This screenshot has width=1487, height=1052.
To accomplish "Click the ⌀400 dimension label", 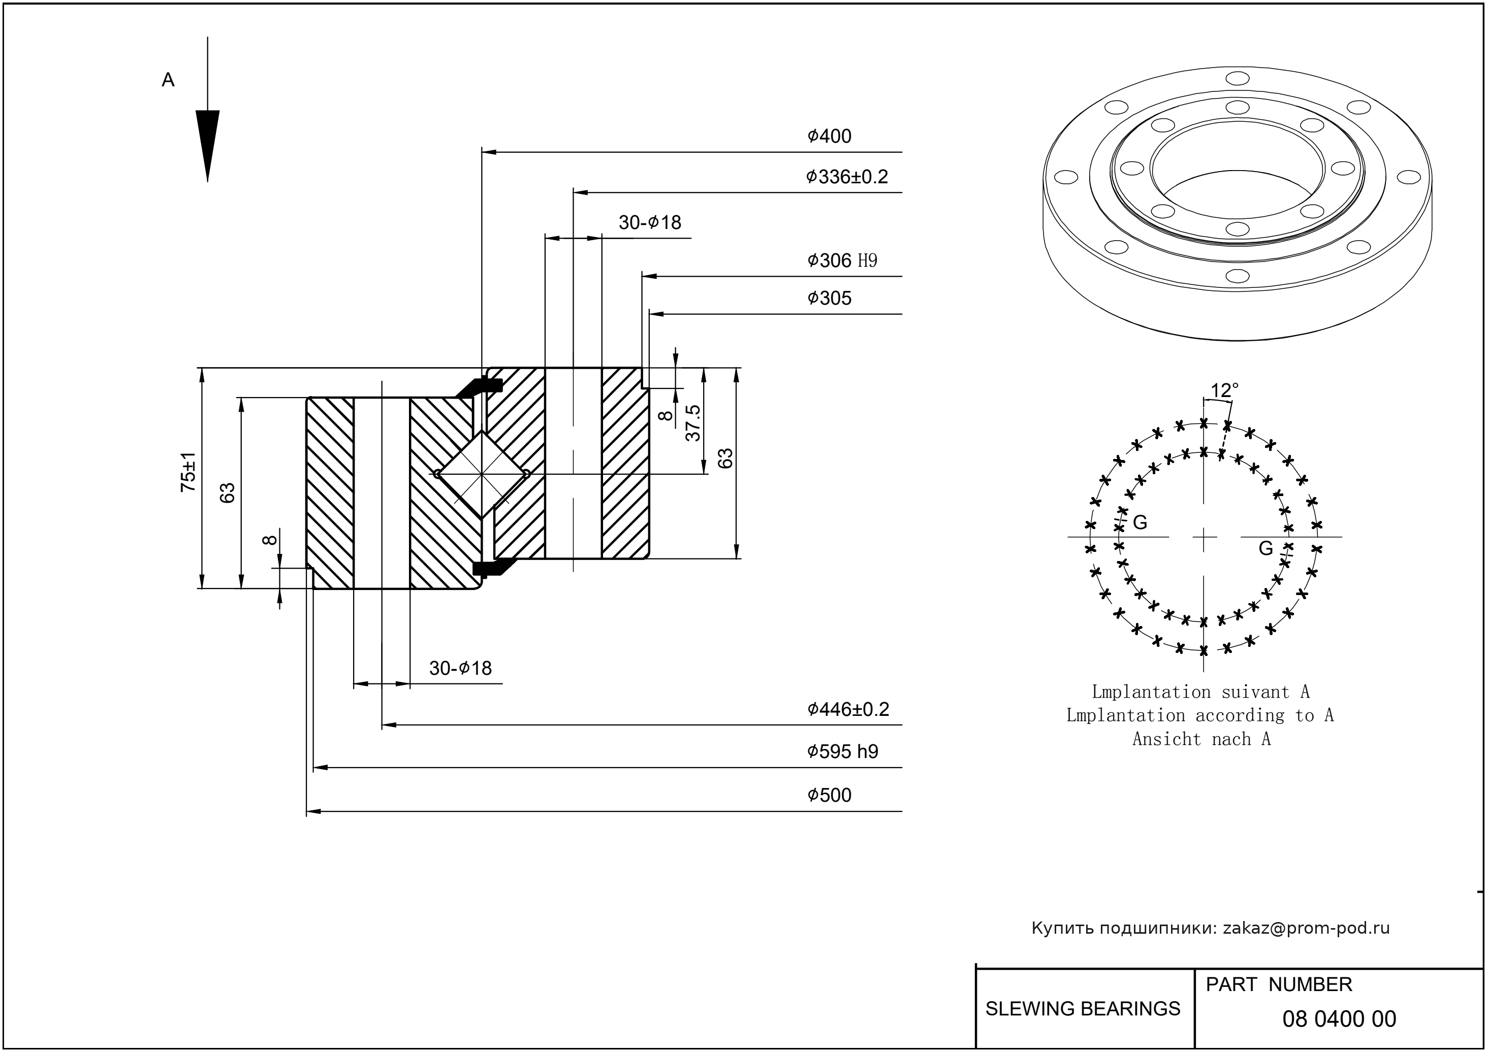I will pyautogui.click(x=829, y=136).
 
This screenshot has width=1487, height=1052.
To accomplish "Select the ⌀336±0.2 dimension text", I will pyautogui.click(x=846, y=177).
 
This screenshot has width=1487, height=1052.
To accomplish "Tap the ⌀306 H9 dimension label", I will pyautogui.click(x=841, y=260).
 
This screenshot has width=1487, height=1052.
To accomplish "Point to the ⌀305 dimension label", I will pyautogui.click(x=829, y=298).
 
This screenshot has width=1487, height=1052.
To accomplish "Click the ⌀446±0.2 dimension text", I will pyautogui.click(x=848, y=709).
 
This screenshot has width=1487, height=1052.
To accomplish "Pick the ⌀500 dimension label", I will pyautogui.click(x=829, y=795).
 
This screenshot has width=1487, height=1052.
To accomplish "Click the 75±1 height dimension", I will pyautogui.click(x=188, y=472).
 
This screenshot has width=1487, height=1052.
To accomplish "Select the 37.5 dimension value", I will pyautogui.click(x=693, y=423).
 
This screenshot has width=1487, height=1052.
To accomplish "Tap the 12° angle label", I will pyautogui.click(x=1224, y=390).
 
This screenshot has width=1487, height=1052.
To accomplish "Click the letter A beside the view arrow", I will pyautogui.click(x=168, y=80).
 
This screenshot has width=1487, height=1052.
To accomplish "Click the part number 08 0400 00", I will pyautogui.click(x=1339, y=1019).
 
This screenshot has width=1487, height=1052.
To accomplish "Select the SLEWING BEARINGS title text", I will pyautogui.click(x=1083, y=1009).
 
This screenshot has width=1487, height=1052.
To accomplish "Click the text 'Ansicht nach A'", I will pyautogui.click(x=1201, y=739).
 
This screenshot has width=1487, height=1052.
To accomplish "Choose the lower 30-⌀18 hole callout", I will pyautogui.click(x=460, y=668).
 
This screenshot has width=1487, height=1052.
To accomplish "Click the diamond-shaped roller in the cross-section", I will pyautogui.click(x=481, y=474).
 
